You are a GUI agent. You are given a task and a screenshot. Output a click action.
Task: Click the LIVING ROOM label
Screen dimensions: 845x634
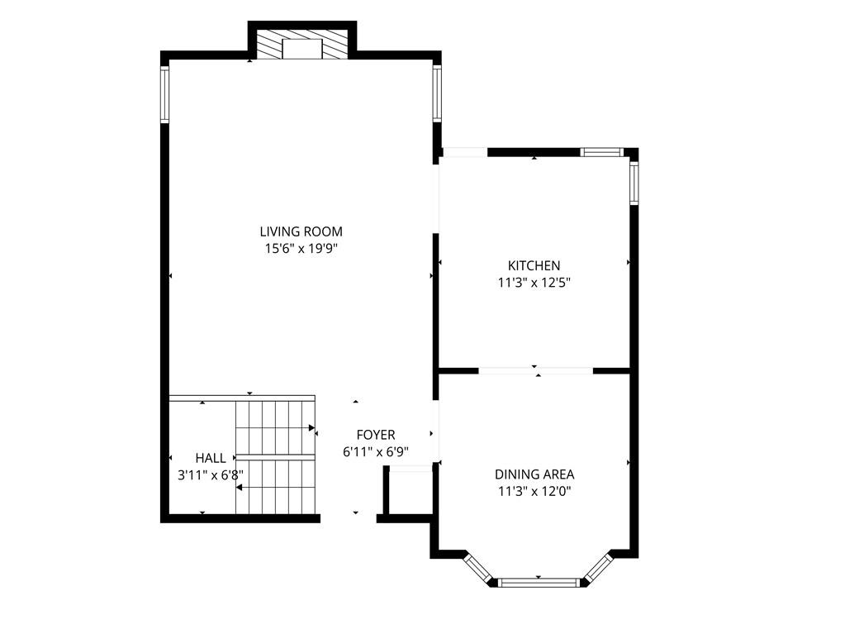(301, 231)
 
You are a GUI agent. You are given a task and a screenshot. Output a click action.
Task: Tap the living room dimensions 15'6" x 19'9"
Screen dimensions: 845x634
(301, 249)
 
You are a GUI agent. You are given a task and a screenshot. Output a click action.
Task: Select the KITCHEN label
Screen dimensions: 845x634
(534, 266)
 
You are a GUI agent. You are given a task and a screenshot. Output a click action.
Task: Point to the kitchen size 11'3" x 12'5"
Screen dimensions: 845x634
(534, 283)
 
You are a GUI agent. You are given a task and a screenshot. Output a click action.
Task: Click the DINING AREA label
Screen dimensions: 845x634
(534, 474)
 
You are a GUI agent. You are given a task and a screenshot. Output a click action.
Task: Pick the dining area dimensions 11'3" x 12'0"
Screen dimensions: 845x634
(534, 491)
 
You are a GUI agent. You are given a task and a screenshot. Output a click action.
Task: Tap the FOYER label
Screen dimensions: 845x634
(376, 435)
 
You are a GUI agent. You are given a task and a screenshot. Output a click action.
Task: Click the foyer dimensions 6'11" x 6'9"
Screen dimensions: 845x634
(376, 452)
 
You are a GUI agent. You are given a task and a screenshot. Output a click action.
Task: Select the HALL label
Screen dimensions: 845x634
(211, 458)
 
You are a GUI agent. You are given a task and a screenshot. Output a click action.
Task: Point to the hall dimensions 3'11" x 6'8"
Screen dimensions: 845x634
(211, 475)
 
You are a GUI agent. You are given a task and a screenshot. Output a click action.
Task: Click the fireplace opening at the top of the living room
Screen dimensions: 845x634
(302, 49)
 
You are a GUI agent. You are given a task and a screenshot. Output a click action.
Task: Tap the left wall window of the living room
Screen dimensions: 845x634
(165, 94)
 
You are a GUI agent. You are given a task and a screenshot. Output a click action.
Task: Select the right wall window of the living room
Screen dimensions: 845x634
(437, 93)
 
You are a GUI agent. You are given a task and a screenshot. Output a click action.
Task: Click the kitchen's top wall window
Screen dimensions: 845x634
(601, 152)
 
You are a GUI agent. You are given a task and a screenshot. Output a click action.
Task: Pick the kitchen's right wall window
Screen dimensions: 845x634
(634, 184)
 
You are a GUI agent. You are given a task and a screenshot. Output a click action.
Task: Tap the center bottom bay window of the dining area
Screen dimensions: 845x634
(539, 583)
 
